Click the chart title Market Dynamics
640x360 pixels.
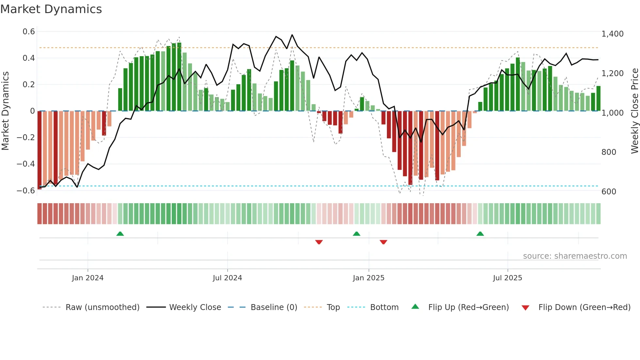coord(51,9)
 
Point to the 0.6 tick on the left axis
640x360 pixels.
coord(29,32)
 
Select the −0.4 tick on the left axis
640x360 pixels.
coord(26,164)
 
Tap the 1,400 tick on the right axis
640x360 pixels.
coord(612,34)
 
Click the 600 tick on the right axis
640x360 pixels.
coord(609,192)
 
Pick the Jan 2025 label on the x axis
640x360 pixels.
coord(368,278)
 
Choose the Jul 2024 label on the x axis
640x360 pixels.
coord(227,278)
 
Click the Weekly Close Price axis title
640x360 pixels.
coord(634,111)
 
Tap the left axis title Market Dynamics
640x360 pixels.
coord(5,111)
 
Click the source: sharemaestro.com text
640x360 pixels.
coord(575,256)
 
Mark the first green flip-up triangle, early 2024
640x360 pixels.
coord(120,234)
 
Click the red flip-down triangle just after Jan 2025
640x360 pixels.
coord(383,242)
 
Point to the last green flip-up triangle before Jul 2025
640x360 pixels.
coord(480,234)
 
